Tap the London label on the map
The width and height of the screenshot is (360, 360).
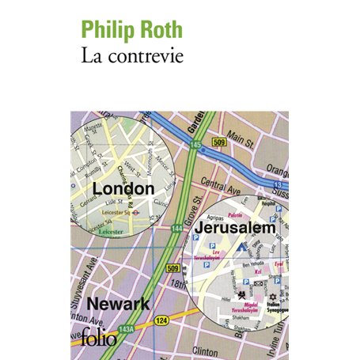tap(123, 188)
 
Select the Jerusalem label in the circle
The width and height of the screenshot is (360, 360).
tap(237, 227)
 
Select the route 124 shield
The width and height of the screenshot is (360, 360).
tap(162, 320)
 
